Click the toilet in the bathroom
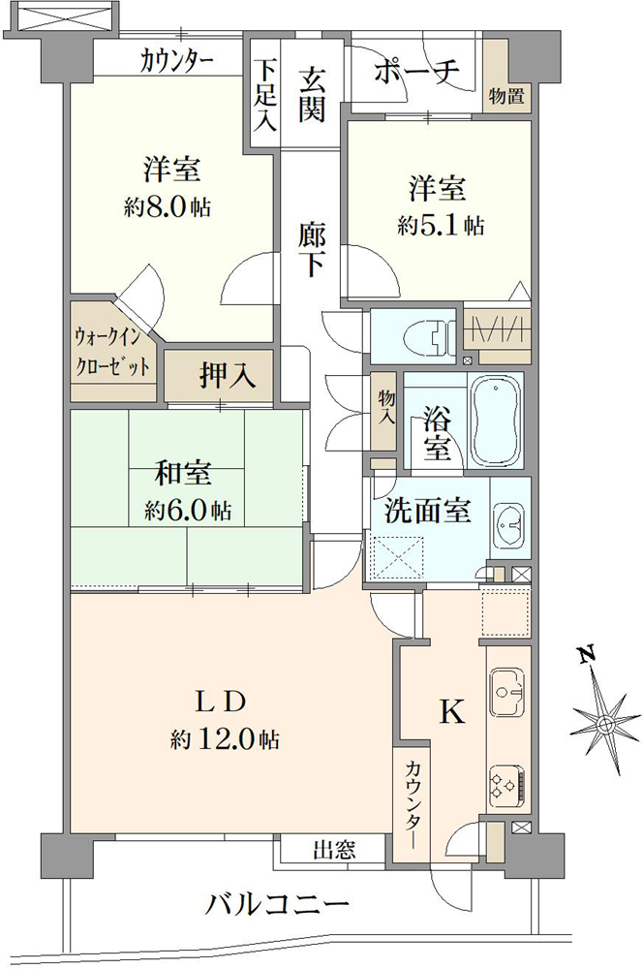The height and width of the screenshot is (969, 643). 426,337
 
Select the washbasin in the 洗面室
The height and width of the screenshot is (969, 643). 508,524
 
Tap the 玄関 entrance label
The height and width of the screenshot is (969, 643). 312,93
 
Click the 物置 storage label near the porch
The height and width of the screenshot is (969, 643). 505,96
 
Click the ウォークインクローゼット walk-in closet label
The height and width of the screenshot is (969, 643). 111,353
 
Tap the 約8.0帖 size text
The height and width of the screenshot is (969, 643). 168,208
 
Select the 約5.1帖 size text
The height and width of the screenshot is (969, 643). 440,226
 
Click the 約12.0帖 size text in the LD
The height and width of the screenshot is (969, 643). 225,739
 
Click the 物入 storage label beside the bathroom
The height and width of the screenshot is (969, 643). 387,407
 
